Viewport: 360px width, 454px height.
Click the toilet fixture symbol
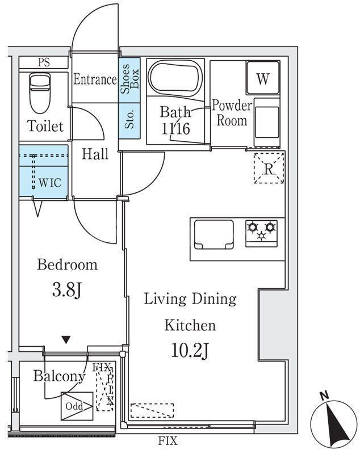pos(40,93)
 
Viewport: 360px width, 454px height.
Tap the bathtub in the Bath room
pos(175,78)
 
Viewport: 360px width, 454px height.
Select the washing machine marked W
pos(263,78)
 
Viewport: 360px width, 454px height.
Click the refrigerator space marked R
pos(269,169)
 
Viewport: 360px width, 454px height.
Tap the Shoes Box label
pos(129,78)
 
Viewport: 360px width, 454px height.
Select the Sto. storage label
pos(129,119)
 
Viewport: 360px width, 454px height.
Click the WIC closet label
pos(50,183)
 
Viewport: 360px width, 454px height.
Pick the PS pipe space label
pos(44,62)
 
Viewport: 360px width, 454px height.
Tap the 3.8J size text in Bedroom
pos(67,290)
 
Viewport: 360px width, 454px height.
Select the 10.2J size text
pos(190,350)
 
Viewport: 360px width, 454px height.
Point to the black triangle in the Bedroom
pos(66,339)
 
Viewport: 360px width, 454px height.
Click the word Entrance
pos(95,79)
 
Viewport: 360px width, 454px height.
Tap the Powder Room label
pos(232,113)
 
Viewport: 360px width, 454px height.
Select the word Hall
pos(95,154)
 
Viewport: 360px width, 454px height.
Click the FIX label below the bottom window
pos(168,441)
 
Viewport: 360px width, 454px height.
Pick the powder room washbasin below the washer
pos(267,122)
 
